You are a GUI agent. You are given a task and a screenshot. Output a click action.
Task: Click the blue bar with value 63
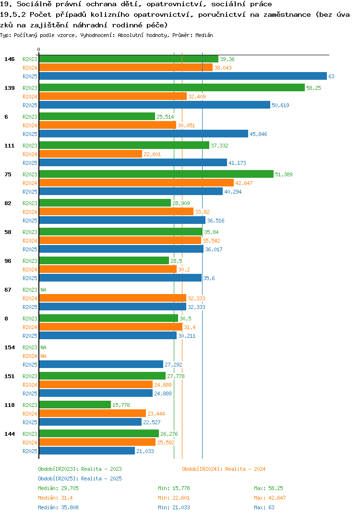tap(183, 76)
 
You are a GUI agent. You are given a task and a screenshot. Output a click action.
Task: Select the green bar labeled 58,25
tap(172, 88)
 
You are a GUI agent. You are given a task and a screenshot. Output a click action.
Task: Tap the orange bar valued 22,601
tap(91, 154)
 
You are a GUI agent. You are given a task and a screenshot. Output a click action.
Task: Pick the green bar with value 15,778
tap(75, 405)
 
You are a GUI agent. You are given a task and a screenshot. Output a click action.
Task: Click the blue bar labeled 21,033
tap(87, 451)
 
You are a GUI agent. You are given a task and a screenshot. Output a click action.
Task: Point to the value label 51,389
tap(284, 174)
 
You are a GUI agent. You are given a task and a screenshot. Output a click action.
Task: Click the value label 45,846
tap(258, 134)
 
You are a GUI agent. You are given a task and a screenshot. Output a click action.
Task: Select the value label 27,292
tap(173, 365)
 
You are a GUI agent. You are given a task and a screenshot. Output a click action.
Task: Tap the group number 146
tap(10, 59)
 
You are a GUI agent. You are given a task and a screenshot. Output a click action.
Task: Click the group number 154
tap(10, 347)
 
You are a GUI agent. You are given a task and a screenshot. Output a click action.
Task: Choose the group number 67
tap(8, 290)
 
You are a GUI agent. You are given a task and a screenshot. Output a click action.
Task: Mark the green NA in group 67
tap(43, 290)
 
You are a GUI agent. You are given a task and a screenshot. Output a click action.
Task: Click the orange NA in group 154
tap(43, 356)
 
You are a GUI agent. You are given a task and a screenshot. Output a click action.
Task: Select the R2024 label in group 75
tap(30, 183)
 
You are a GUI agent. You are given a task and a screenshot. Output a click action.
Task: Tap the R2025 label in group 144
tap(30, 451)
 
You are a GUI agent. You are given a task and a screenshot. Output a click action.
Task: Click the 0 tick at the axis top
tap(39, 49)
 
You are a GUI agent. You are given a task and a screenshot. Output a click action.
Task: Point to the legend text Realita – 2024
tap(246, 469)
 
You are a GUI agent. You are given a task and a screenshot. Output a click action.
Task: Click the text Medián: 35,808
tap(58, 507)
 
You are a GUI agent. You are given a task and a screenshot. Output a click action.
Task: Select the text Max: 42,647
tap(270, 498)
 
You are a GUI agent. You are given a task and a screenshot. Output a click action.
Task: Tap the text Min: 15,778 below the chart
tap(174, 488)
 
